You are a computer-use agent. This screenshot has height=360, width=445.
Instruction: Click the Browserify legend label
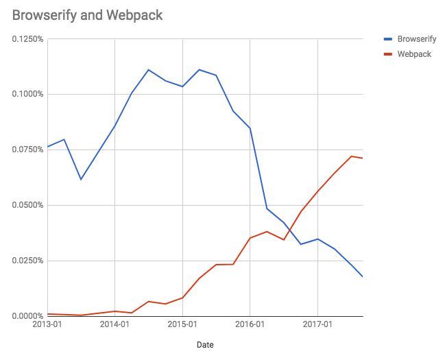[x=416, y=40]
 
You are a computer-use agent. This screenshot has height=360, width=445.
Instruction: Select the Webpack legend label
[x=414, y=53]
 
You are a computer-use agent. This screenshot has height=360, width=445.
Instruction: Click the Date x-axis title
[x=204, y=345]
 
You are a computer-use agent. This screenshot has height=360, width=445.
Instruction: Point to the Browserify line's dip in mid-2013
[x=81, y=180]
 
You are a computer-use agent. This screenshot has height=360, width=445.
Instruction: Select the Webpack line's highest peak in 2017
[x=351, y=156]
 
